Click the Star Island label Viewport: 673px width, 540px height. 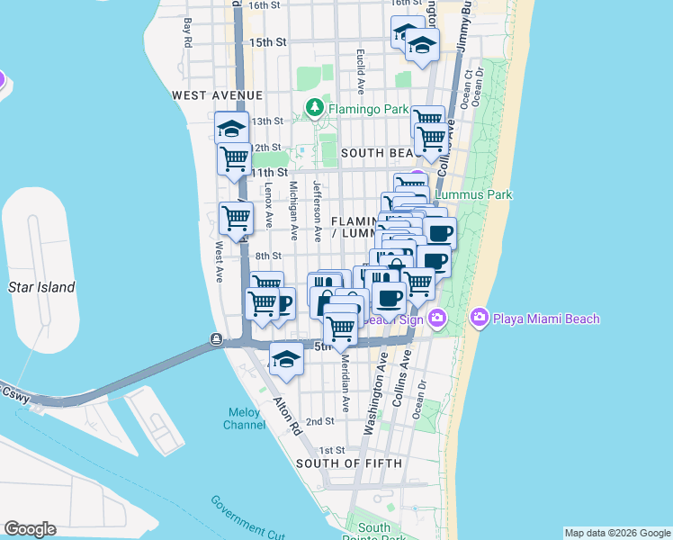pyautogui.click(x=41, y=287)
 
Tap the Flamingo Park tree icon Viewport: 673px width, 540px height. pyautogui.click(x=314, y=109)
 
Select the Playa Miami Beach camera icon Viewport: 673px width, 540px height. pyautogui.click(x=479, y=318)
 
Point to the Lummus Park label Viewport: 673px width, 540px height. pyautogui.click(x=473, y=194)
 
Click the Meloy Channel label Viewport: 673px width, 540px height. pyautogui.click(x=244, y=418)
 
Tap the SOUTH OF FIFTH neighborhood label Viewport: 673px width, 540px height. pyautogui.click(x=340, y=463)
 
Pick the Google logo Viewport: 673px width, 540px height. pyautogui.click(x=30, y=529)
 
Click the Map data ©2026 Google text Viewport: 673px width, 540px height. pyautogui.click(x=616, y=533)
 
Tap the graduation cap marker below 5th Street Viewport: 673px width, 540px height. pyautogui.click(x=286, y=359)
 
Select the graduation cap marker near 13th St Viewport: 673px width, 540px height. pyautogui.click(x=232, y=128)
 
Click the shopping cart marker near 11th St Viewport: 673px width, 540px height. pyautogui.click(x=235, y=159)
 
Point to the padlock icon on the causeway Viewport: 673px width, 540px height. pyautogui.click(x=216, y=339)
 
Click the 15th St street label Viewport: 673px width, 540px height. pyautogui.click(x=267, y=42)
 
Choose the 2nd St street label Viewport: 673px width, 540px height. pyautogui.click(x=319, y=421)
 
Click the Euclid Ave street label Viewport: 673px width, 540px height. pyautogui.click(x=359, y=73)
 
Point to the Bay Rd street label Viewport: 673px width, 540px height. pyautogui.click(x=188, y=32)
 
